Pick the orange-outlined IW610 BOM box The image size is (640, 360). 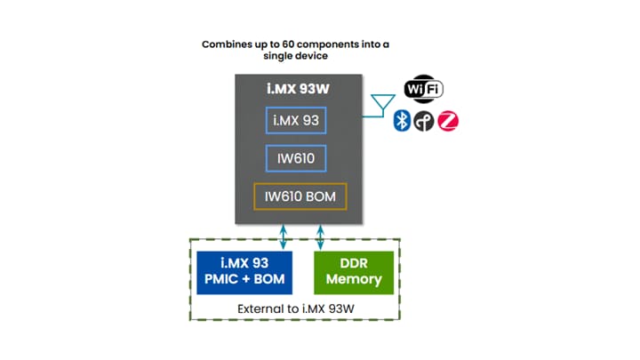[x=299, y=196]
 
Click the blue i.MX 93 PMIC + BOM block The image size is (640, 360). [x=244, y=271]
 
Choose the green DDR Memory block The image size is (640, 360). [x=353, y=271]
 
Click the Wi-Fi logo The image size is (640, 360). [x=423, y=89]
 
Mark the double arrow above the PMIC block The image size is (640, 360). [x=284, y=236]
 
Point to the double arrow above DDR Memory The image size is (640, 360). [x=321, y=236]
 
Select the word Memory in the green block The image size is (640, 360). [x=353, y=280]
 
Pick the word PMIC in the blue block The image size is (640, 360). [x=220, y=280]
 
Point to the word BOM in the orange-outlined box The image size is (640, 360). [x=321, y=196]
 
